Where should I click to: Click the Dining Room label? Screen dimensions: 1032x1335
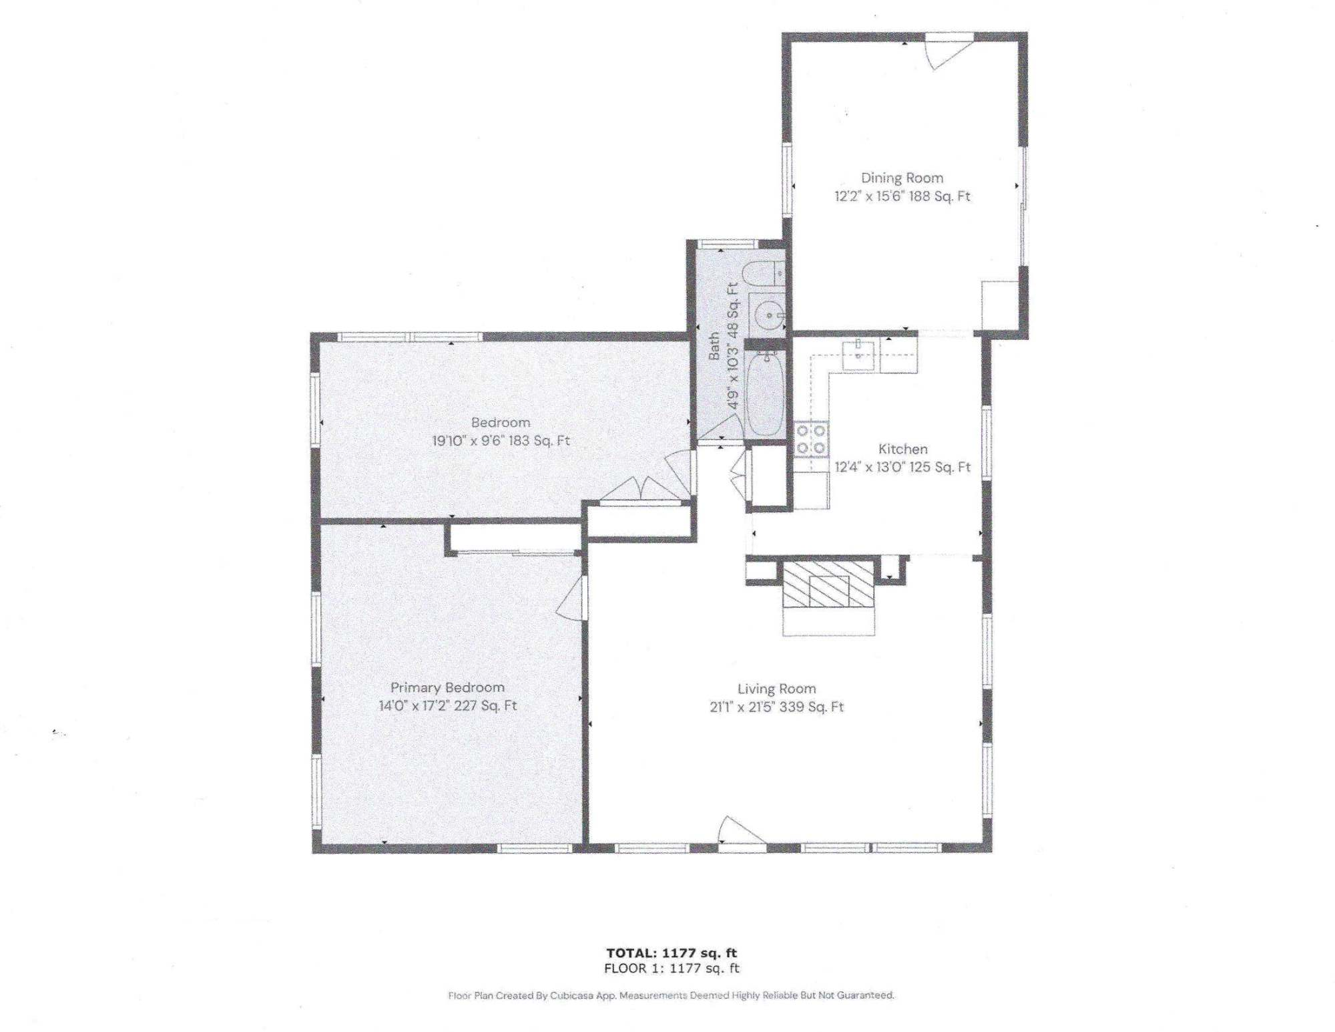coord(902,178)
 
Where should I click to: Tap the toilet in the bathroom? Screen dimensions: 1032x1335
coord(763,274)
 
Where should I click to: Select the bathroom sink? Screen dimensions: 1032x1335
coord(768,315)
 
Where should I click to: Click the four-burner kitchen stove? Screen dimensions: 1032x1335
coord(811,440)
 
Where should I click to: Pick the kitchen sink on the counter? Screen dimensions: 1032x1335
coord(858,354)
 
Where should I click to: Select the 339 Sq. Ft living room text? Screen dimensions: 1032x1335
coord(811,707)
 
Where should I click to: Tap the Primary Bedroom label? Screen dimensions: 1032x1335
coord(447,687)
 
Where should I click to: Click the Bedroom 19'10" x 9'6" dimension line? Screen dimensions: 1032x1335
coord(501,440)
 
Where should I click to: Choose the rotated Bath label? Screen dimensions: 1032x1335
coord(714,346)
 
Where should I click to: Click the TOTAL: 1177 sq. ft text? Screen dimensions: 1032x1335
coord(672,953)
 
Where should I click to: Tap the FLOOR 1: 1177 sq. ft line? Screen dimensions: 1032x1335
coord(672,969)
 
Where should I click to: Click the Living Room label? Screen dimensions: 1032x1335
coord(776,689)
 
